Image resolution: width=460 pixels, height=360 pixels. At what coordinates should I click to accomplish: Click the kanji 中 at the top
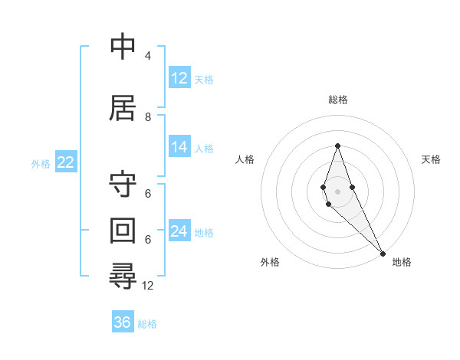(123, 47)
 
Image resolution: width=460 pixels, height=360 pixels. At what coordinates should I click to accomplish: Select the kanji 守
(123, 185)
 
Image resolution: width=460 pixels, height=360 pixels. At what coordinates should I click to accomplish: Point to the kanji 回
(123, 230)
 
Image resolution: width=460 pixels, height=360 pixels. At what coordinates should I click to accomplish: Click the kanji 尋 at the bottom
(123, 275)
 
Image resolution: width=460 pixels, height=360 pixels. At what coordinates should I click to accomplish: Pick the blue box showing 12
(179, 78)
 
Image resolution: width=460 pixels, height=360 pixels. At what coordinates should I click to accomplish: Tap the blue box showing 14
(179, 147)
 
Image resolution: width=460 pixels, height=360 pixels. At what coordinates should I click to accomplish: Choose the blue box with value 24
(179, 231)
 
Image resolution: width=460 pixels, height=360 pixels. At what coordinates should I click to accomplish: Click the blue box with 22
(65, 162)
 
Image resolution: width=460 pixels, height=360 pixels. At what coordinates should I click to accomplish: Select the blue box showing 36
(123, 322)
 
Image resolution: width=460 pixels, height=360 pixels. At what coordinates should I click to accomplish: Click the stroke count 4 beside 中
(147, 56)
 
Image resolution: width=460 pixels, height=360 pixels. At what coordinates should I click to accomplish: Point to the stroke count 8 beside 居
(147, 117)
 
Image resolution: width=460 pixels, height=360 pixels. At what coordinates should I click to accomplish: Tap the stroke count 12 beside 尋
(148, 285)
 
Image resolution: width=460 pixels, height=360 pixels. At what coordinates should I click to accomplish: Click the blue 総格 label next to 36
(147, 324)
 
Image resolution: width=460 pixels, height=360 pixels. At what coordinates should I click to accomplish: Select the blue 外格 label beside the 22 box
(40, 163)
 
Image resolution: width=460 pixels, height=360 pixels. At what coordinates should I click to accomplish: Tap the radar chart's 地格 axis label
(402, 262)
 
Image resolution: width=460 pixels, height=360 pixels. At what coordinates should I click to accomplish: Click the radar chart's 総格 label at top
(337, 100)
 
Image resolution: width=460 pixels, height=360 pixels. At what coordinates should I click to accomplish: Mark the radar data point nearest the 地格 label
(382, 253)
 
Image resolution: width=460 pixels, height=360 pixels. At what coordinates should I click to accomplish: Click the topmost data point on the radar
(337, 146)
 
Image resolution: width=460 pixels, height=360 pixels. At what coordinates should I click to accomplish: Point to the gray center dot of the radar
(337, 191)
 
